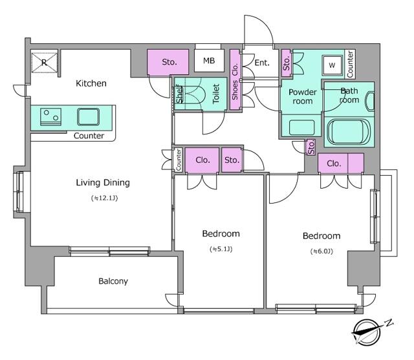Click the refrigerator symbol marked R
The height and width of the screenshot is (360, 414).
43,63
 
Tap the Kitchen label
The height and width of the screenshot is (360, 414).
91,83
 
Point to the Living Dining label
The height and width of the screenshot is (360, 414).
103,182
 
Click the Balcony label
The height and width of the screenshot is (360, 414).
113,281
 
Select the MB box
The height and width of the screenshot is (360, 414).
209,61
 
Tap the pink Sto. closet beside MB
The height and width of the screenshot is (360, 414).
169,62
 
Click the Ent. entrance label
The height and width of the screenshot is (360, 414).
262,63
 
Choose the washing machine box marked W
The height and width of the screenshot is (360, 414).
332,65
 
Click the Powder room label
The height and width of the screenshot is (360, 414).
302,96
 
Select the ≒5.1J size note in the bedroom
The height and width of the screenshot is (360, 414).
221,249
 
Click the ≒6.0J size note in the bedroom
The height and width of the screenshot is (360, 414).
320,251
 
